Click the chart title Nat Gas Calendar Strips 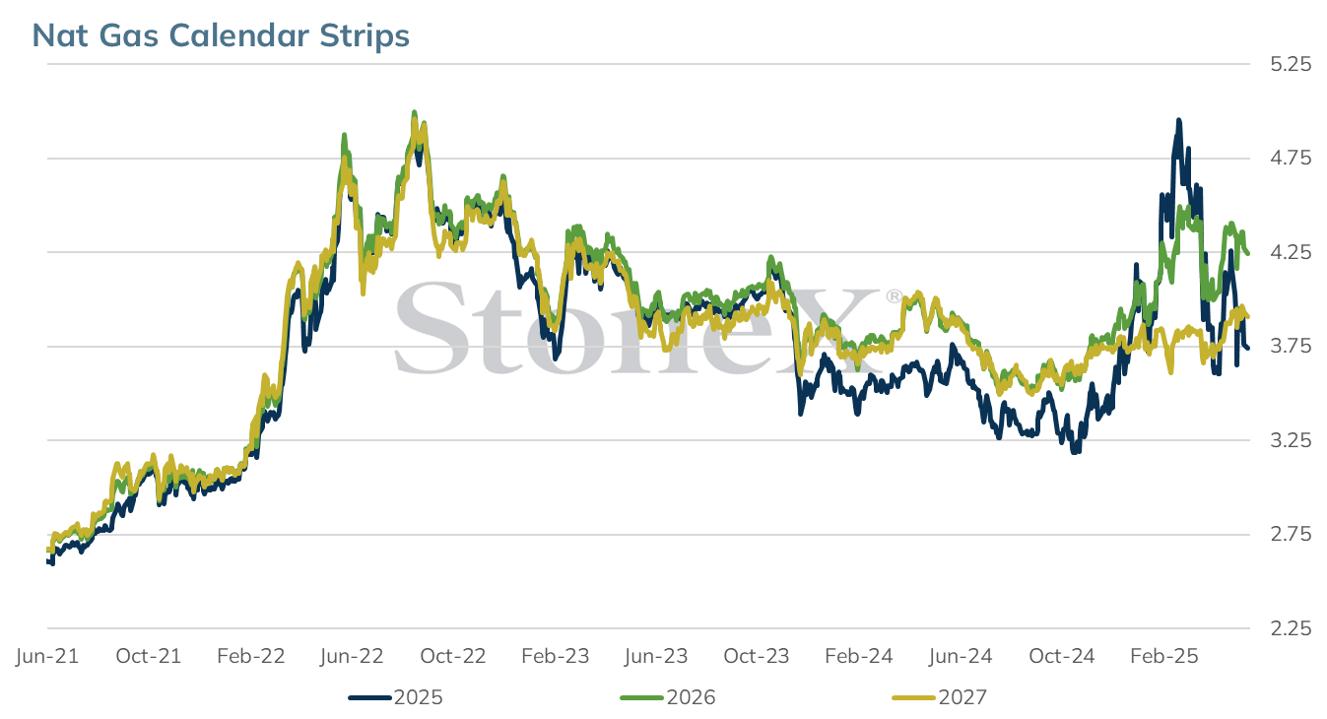click(x=221, y=35)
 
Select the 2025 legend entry click(x=395, y=697)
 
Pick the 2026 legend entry click(x=668, y=697)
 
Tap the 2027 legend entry click(x=940, y=697)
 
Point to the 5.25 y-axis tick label click(x=1291, y=64)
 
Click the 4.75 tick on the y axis click(x=1291, y=159)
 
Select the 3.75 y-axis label click(x=1291, y=346)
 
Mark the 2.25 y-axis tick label click(x=1291, y=627)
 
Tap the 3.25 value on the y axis click(x=1291, y=440)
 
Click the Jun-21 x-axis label click(x=47, y=656)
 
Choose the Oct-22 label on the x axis click(x=453, y=656)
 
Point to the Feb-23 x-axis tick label click(x=555, y=656)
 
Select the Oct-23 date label click(x=757, y=656)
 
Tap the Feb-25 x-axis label click(x=1164, y=656)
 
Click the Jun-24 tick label click(x=961, y=656)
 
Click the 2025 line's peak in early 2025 click(x=1179, y=120)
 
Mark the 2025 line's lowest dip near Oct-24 click(x=1075, y=452)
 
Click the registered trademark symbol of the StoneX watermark click(x=894, y=296)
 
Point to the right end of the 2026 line click(x=1248, y=253)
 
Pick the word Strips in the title click(x=365, y=36)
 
